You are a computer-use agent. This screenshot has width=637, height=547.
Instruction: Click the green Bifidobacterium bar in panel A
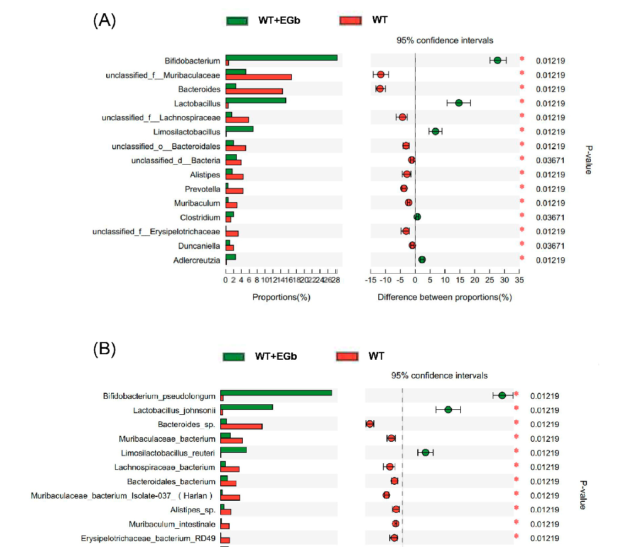click(281, 57)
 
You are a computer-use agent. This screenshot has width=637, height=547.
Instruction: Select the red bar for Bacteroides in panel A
click(254, 91)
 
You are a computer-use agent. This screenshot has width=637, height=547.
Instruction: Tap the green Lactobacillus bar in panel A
click(255, 100)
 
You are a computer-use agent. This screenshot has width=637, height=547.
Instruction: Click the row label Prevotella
click(202, 189)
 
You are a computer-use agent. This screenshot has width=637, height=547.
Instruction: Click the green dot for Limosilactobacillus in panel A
click(435, 132)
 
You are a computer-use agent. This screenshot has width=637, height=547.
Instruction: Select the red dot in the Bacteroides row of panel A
click(380, 89)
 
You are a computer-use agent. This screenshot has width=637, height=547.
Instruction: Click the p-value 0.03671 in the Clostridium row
click(550, 218)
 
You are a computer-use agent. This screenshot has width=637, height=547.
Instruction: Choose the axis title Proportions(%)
click(281, 297)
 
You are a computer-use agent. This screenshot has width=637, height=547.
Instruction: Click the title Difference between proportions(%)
click(444, 297)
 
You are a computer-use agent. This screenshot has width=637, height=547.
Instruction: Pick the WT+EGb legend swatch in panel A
click(238, 21)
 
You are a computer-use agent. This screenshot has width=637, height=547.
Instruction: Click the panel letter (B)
click(104, 349)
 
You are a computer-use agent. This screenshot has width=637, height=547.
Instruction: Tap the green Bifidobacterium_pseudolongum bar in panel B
click(276, 392)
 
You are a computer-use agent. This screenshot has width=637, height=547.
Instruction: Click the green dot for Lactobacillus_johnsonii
click(448, 410)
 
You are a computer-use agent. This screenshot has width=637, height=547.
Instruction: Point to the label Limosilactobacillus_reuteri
click(168, 453)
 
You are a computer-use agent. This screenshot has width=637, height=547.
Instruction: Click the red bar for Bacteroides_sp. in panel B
click(241, 426)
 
